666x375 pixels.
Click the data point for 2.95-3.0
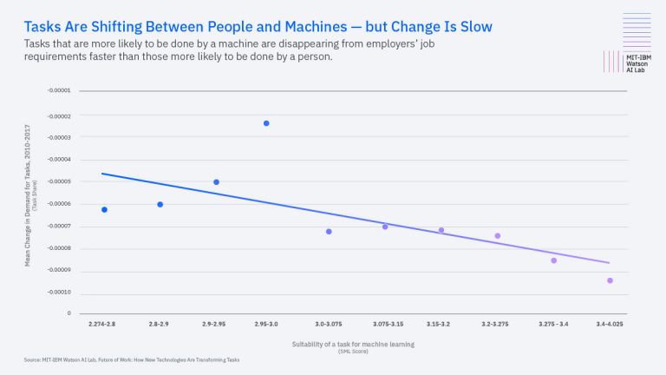tap(266, 123)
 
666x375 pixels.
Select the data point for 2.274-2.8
tap(104, 209)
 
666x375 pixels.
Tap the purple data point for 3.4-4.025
tap(610, 280)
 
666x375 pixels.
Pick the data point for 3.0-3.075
tap(329, 232)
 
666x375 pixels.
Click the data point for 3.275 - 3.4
tap(553, 260)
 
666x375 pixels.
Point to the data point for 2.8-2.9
tap(160, 204)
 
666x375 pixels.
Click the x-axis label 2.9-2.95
tap(216, 323)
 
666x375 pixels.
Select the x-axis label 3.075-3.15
tap(385, 323)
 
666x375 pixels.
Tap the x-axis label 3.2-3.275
tap(497, 323)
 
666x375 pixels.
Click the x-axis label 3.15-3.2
tap(441, 323)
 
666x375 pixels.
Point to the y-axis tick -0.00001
tap(70, 91)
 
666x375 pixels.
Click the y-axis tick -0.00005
tap(70, 181)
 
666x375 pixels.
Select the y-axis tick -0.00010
tap(70, 292)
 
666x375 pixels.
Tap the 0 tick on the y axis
tap(80, 313)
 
